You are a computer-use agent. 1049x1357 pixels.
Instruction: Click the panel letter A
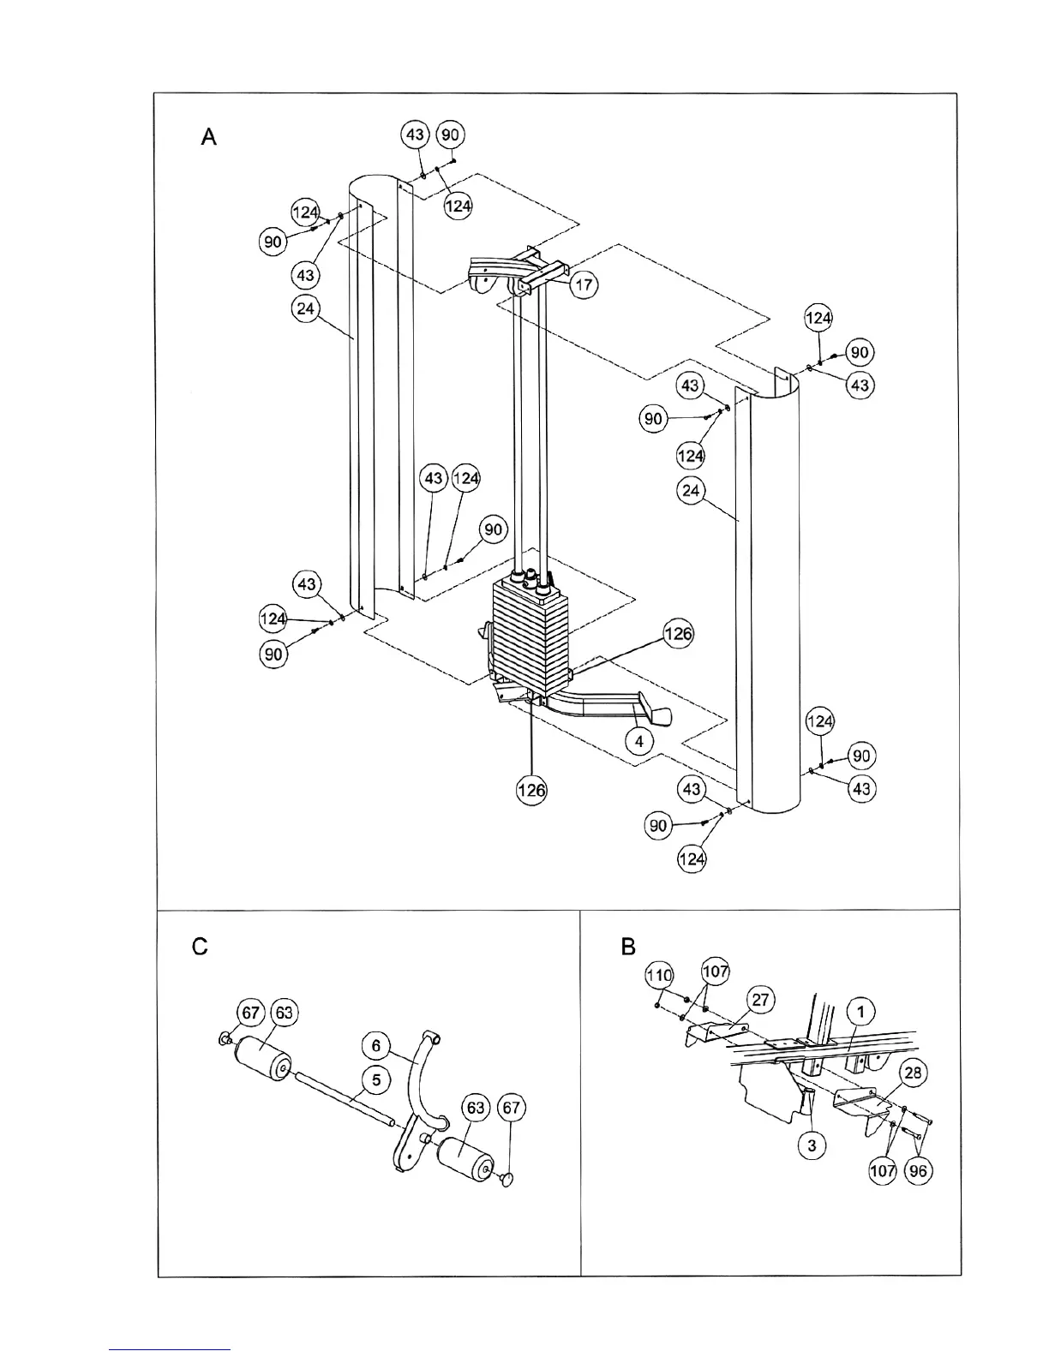coord(208,137)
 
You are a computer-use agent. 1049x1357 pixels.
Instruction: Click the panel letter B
coord(628,947)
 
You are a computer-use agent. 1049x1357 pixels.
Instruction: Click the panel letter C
coord(200,947)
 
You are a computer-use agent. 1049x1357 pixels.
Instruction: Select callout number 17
coord(584,284)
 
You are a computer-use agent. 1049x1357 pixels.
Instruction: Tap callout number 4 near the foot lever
coord(639,739)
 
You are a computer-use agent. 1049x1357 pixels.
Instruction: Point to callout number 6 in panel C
coord(375,1046)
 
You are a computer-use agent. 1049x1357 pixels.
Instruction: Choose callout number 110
coord(659,975)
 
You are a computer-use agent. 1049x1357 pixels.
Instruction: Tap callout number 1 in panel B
coord(860,1012)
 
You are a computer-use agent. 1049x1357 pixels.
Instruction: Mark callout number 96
coord(918,1171)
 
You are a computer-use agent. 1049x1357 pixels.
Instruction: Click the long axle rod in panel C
coord(343,1097)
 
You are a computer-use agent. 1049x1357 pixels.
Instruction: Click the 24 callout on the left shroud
coord(306,308)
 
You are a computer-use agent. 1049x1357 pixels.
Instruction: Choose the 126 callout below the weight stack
coord(531,790)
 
